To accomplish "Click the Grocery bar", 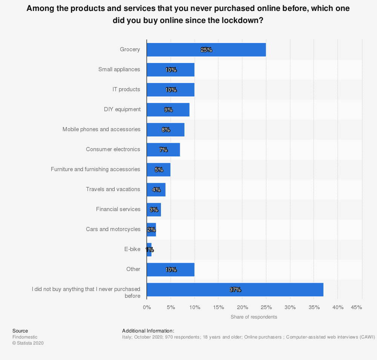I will point(206,50).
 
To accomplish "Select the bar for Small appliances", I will point(170,70).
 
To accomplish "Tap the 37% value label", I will point(235,290).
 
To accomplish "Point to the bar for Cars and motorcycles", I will point(151,230).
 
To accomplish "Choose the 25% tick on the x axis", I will point(266,307).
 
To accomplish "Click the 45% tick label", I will point(356,307).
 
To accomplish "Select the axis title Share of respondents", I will point(254,317).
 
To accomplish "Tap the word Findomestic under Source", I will point(25,337).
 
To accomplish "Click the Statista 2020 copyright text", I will point(28,343).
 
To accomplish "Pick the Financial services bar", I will point(154,210).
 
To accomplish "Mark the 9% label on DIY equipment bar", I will point(168,110).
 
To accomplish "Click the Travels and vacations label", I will point(113,189).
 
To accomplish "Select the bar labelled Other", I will point(170,270).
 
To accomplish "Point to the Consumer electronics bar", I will point(163,150).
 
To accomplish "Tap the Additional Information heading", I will point(148,331).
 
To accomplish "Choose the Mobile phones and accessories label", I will point(101,129).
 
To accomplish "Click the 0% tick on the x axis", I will point(147,307).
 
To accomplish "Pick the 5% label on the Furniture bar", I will point(159,170).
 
